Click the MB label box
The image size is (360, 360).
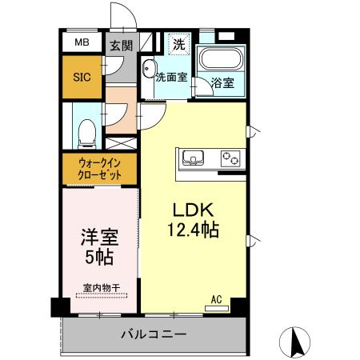[x=82, y=42]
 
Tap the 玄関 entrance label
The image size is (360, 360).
[x=121, y=46]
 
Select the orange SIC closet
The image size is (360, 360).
[x=82, y=77]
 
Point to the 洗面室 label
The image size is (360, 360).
[x=171, y=78]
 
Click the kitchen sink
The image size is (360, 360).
[x=193, y=157]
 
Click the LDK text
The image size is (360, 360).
[x=193, y=210]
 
